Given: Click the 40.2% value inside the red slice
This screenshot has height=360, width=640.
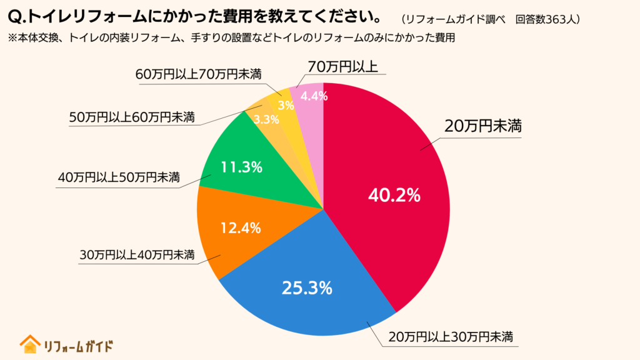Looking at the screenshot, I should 394,195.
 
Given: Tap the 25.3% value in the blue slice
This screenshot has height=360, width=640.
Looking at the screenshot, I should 306,288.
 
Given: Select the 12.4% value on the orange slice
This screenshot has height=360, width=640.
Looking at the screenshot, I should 240,228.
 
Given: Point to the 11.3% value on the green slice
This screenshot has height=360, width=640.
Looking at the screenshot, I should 241,167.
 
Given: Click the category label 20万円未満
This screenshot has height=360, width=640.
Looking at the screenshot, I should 482,126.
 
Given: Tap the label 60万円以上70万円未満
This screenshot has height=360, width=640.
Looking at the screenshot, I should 198,74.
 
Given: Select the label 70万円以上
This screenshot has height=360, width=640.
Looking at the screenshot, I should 342,66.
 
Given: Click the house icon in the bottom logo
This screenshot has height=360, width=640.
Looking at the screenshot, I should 29,344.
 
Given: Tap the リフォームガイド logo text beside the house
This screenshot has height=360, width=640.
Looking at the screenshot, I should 78,345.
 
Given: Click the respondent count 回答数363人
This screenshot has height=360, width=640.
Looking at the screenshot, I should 548,19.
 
